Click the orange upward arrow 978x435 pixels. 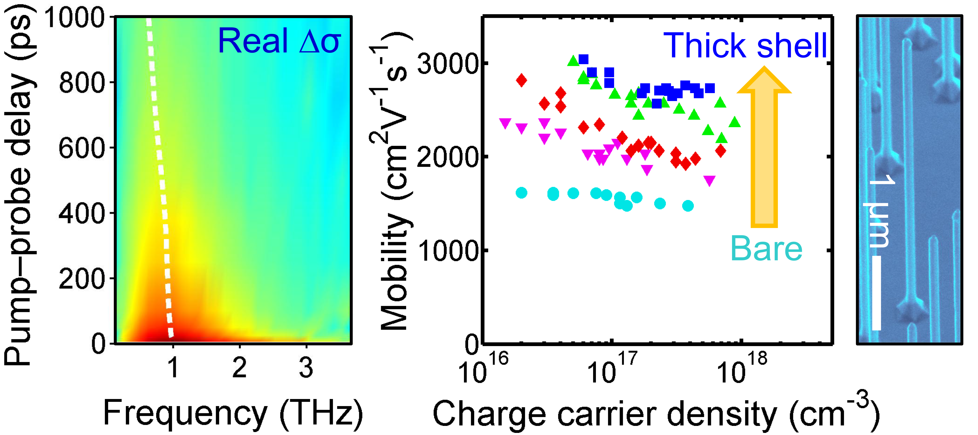click(x=764, y=148)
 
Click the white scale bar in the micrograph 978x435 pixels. click(x=876, y=293)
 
